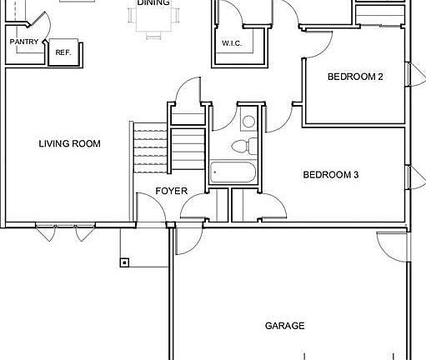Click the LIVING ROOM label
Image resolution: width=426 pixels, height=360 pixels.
69,144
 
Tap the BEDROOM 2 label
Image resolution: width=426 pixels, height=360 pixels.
354,77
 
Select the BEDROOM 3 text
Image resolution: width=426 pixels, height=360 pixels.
330,175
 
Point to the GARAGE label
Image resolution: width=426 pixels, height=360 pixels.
284,326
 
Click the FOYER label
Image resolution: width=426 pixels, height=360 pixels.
172,192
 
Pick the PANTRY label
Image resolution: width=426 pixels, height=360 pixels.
23,41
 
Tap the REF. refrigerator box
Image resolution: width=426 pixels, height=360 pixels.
63,52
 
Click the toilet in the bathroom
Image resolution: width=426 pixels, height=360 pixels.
241,147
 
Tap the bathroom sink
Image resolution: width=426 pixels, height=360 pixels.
248,122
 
